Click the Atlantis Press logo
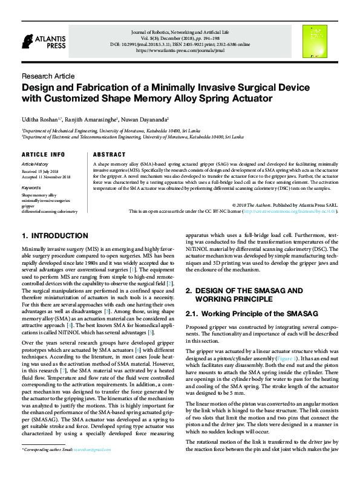pos(39,41)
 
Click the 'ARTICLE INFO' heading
pos(43,155)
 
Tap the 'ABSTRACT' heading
pos(110,155)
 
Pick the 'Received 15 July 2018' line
pos(41,172)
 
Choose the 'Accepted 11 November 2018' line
pos(46,177)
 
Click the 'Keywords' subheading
pos(31,188)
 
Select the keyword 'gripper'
pos(28,206)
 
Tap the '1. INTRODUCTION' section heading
pos(55,236)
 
